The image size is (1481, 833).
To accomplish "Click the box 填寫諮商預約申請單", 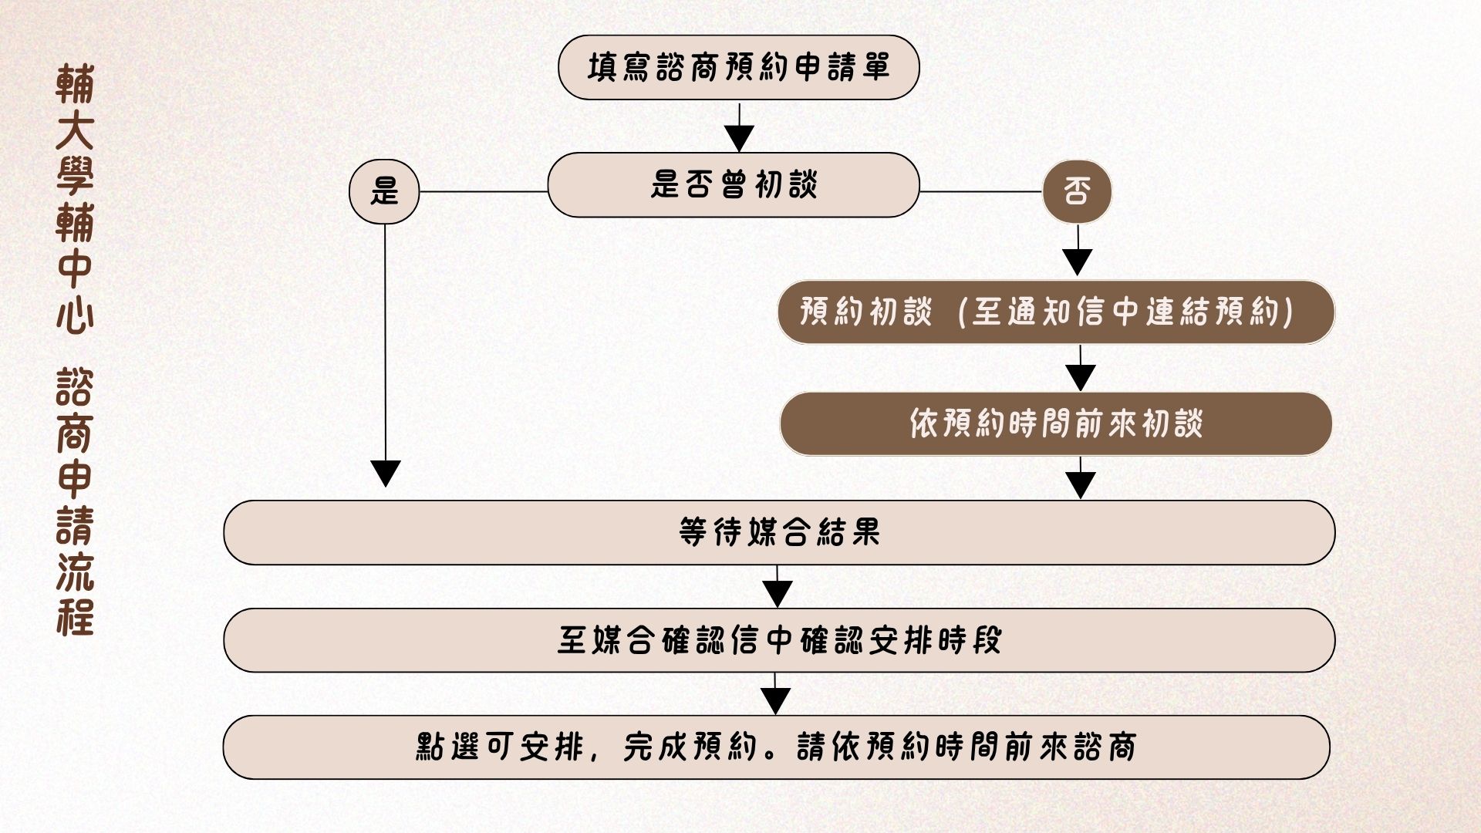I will [738, 67].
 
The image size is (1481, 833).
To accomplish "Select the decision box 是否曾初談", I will [733, 185].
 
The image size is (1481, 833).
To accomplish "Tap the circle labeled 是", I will [384, 191].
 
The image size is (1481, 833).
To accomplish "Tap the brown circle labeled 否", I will [1077, 191].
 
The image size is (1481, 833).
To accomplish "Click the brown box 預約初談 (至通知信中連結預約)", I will [1055, 312].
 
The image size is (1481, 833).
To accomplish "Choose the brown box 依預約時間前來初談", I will [1055, 423].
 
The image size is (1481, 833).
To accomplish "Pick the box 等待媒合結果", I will [779, 532].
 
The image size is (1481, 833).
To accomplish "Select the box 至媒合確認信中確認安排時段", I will [779, 640].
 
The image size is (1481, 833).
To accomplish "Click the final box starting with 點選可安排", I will [776, 747].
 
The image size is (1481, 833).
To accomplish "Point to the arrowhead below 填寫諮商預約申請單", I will [739, 138].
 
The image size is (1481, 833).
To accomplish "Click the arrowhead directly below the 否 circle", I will [1078, 262].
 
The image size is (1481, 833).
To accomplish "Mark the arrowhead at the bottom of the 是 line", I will [386, 473].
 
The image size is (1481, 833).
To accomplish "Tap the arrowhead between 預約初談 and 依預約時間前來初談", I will [1081, 377].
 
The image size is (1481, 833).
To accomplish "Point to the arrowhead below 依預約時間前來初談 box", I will [1081, 485].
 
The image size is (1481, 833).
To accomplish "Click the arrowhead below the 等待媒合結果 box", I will [778, 593].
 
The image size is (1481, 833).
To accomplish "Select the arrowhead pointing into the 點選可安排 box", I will [776, 700].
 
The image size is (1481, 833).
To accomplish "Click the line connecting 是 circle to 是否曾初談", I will [484, 191].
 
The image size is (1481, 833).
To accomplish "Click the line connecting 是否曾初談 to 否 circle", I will [980, 191].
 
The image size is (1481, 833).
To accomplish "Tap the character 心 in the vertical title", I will [75, 315].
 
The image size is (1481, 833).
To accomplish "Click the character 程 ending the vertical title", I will [75, 617].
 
